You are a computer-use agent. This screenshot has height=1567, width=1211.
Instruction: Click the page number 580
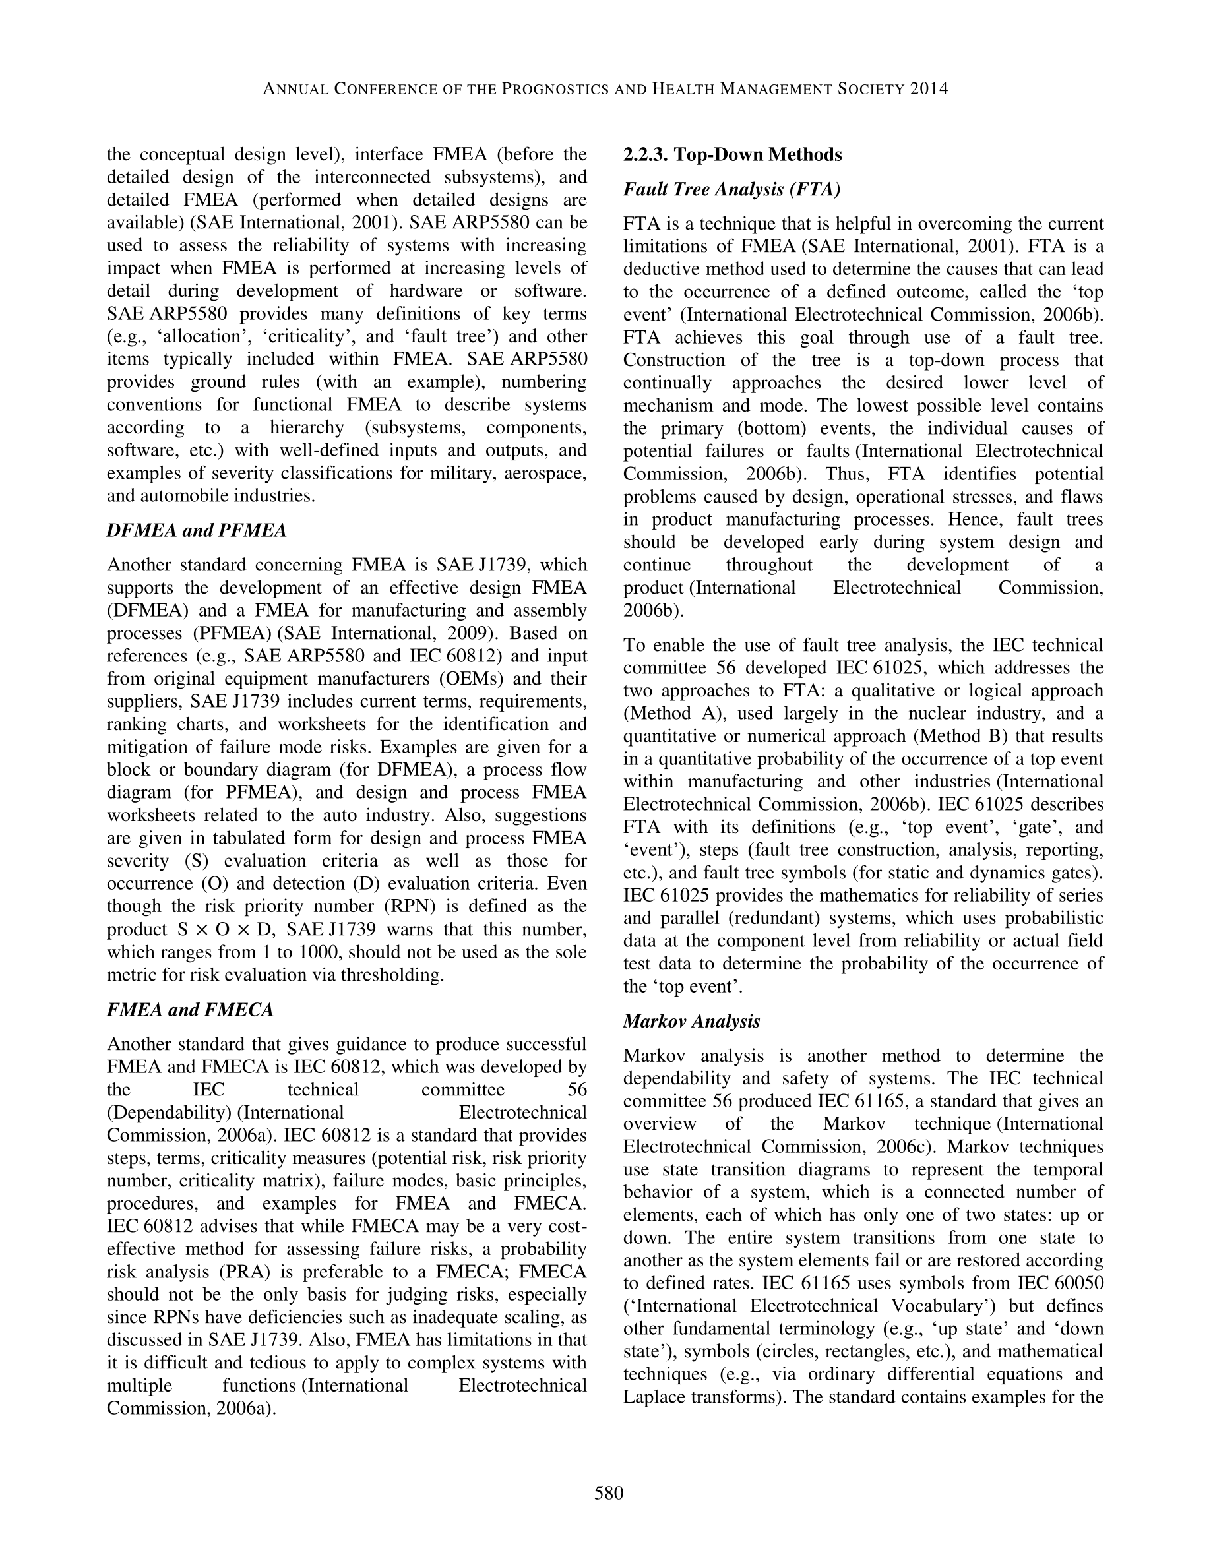click(608, 1493)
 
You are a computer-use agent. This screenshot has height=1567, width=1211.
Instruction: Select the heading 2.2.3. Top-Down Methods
click(733, 155)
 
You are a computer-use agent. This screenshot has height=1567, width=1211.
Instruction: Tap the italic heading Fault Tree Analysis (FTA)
click(731, 189)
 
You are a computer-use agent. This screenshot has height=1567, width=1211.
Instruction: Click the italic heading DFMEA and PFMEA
click(197, 530)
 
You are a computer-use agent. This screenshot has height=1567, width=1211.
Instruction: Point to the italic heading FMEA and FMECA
click(190, 1010)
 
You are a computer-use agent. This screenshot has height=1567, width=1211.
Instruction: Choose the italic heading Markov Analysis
click(692, 1021)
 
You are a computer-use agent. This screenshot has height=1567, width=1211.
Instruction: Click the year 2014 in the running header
click(929, 89)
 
